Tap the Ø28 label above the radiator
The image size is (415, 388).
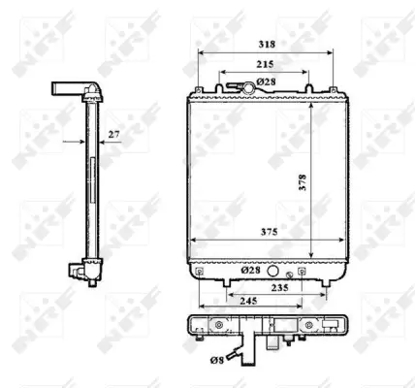click(x=269, y=81)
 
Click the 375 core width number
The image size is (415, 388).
click(x=253, y=232)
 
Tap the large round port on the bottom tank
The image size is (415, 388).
click(x=273, y=273)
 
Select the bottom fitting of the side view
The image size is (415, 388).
click(x=80, y=274)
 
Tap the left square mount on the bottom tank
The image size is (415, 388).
click(x=199, y=274)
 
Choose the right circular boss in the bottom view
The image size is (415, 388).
click(x=309, y=326)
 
